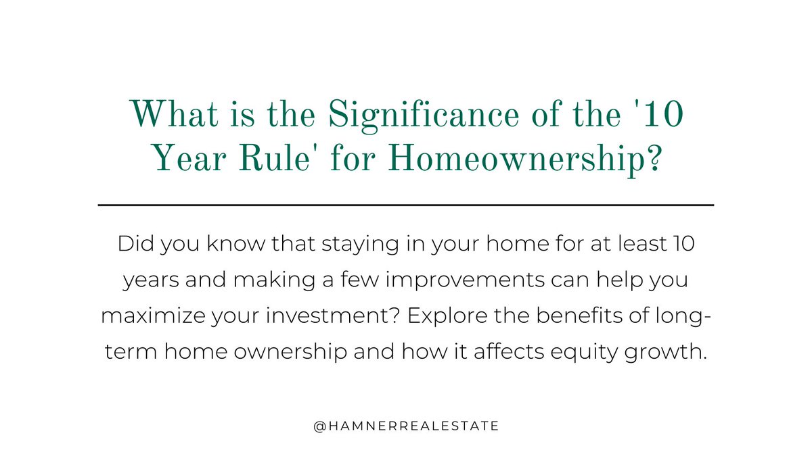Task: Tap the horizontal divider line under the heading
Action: (x=406, y=204)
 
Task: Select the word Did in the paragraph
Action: (x=133, y=245)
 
